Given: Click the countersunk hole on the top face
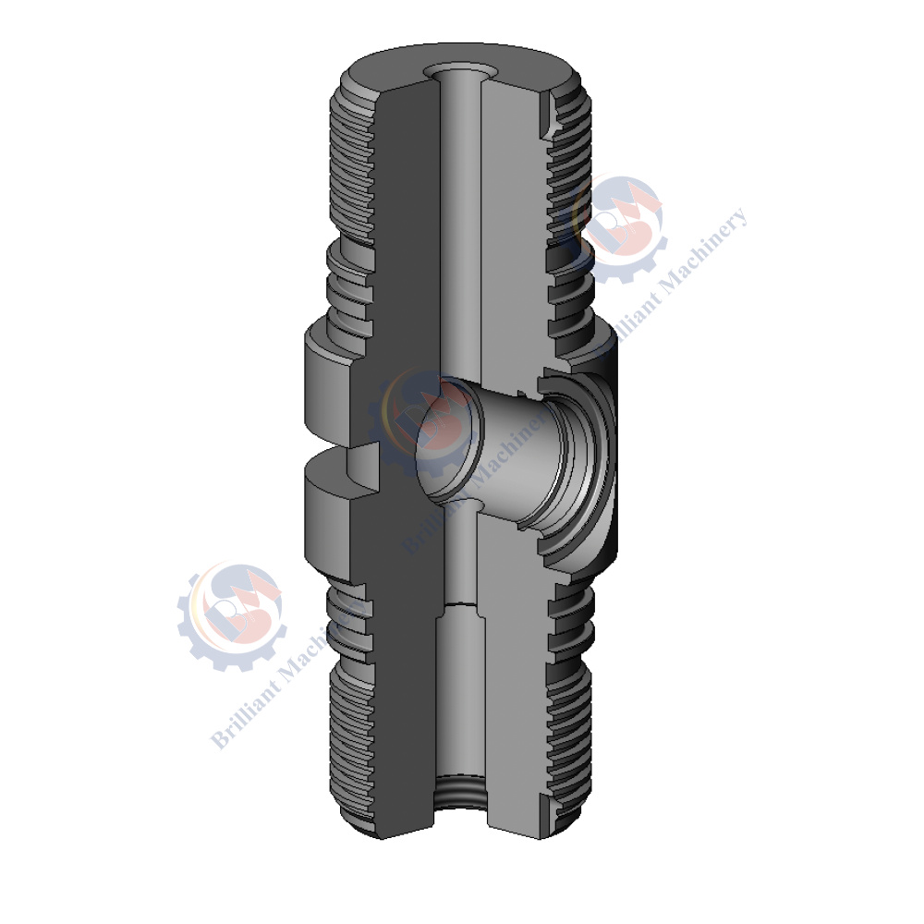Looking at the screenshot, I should pos(459,71).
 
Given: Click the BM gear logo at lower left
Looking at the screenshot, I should pos(231,614).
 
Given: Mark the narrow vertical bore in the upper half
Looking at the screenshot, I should pos(459,231).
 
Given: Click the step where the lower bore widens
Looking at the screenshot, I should pos(459,605).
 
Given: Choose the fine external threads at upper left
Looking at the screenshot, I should pos(351,166).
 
